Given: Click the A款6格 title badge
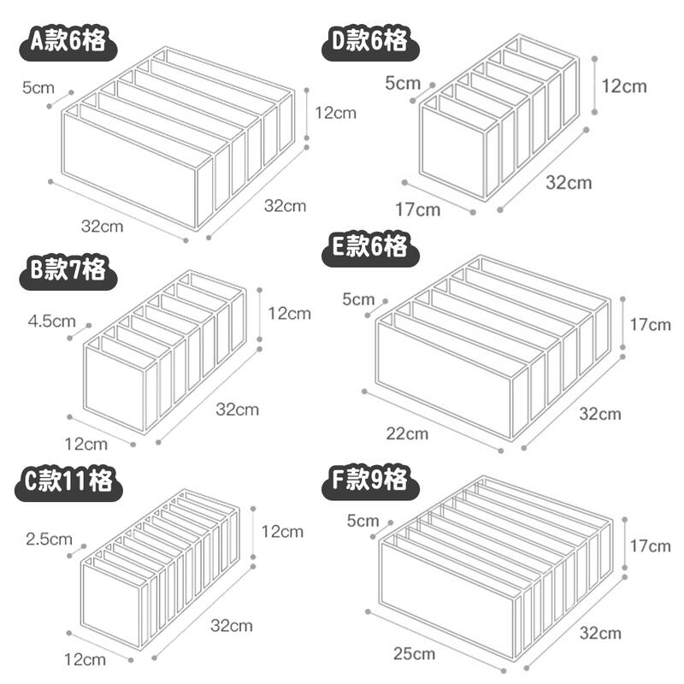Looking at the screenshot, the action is pos(68,42).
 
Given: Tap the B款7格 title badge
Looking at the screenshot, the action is pos(68,270).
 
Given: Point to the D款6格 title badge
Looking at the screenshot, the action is pos(370,42).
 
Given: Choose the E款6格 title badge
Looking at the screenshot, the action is pos(370,248).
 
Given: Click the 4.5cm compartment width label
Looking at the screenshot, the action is pos(52,321).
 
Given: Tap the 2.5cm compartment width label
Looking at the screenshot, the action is pos(49,540).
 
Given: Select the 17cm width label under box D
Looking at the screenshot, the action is pos(418,209).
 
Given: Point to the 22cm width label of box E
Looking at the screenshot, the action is pos(407,433).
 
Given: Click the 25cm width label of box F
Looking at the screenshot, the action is pos(414,654).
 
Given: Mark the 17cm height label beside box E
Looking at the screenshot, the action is pos(650,325).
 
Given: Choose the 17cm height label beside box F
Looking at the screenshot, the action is pos(650,545).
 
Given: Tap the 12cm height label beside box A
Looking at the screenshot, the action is pos(335,113).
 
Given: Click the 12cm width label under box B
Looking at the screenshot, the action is pos(86,444).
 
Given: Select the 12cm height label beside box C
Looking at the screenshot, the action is pos(282,531).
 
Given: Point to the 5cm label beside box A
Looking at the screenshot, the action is pos(38,88).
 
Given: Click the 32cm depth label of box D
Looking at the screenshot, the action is pos(569,183).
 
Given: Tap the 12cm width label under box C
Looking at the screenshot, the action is pos(85,659).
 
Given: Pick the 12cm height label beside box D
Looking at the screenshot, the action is pos(624,86).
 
